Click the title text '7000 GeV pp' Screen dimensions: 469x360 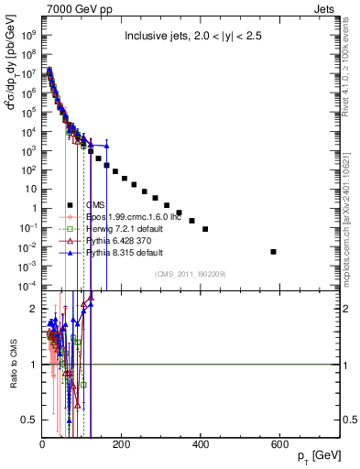click(72, 8)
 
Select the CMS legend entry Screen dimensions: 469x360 click(95, 204)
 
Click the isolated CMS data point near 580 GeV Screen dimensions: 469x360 click(273, 251)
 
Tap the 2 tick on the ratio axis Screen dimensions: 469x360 click(33, 309)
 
